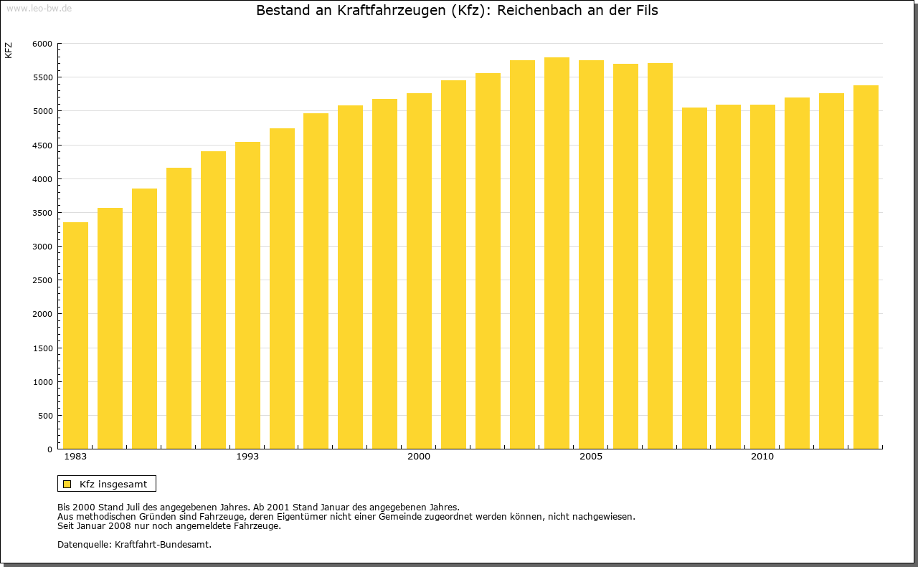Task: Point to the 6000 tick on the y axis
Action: [x=43, y=44]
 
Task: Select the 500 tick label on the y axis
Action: [x=45, y=416]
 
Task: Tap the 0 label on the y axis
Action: [x=49, y=449]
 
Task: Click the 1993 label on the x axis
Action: [x=247, y=457]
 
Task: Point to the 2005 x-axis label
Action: [x=591, y=457]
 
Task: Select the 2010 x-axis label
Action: [x=762, y=457]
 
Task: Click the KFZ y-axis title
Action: [x=9, y=50]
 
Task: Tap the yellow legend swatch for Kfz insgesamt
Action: [x=67, y=484]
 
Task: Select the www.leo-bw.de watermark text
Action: [x=39, y=7]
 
